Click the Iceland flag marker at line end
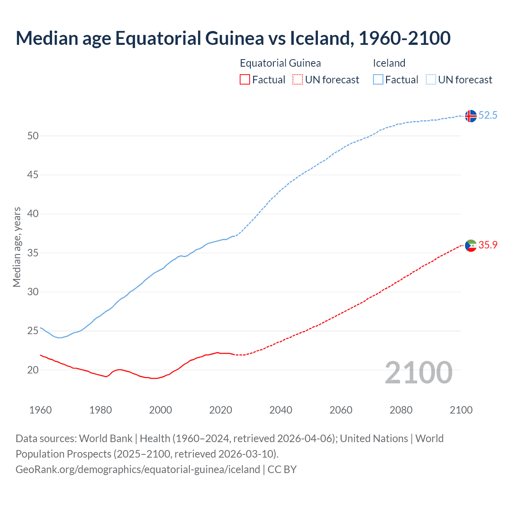point(471,116)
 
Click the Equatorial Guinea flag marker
point(471,246)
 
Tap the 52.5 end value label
point(488,115)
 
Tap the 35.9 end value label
point(488,245)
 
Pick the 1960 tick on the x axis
point(40,410)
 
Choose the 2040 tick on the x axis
point(281,410)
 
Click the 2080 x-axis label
point(401,410)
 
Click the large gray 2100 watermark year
point(418,373)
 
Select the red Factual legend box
point(245,80)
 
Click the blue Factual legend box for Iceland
point(378,80)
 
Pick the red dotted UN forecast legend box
point(298,80)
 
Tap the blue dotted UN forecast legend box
point(431,80)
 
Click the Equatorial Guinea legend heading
point(280,63)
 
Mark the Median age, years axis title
point(17,247)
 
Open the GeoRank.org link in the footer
point(138,470)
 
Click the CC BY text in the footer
point(282,470)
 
